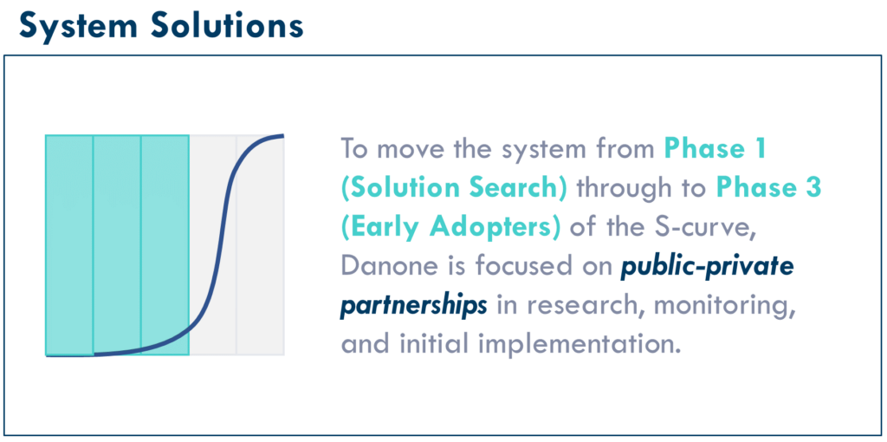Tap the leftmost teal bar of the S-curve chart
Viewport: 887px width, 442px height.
pos(69,245)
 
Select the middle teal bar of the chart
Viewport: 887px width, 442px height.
pos(117,245)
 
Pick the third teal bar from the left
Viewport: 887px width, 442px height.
pos(165,245)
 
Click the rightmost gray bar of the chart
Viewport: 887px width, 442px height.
pos(260,245)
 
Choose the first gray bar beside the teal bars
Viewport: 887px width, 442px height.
pos(213,245)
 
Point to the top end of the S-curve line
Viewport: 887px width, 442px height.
pos(283,135)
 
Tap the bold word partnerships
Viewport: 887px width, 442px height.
pos(413,306)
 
